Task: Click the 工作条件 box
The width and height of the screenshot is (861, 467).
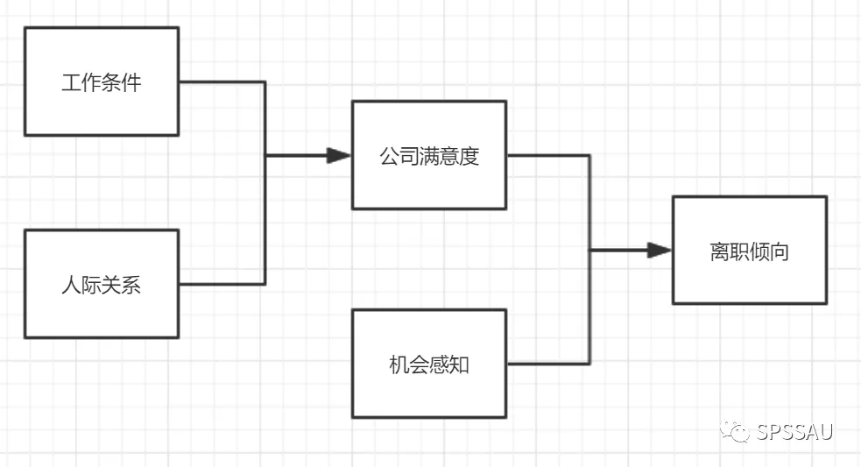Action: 102,81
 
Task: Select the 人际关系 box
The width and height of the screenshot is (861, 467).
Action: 102,284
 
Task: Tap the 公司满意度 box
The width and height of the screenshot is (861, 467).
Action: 429,155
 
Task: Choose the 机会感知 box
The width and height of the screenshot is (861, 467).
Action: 429,364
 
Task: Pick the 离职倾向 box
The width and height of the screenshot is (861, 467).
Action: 749,251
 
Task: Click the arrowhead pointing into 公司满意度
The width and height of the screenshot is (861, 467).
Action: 339,156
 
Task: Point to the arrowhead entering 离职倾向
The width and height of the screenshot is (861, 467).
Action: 660,251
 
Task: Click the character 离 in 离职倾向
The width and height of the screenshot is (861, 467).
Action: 719,252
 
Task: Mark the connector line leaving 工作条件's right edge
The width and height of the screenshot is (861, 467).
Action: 219,81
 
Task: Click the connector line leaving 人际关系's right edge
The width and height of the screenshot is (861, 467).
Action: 219,283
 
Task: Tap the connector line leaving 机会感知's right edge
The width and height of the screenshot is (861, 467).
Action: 547,363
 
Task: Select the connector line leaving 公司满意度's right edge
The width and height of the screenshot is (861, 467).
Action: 547,156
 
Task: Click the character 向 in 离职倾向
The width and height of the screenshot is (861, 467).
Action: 779,252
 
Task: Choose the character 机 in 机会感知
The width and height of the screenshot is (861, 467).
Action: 399,365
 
